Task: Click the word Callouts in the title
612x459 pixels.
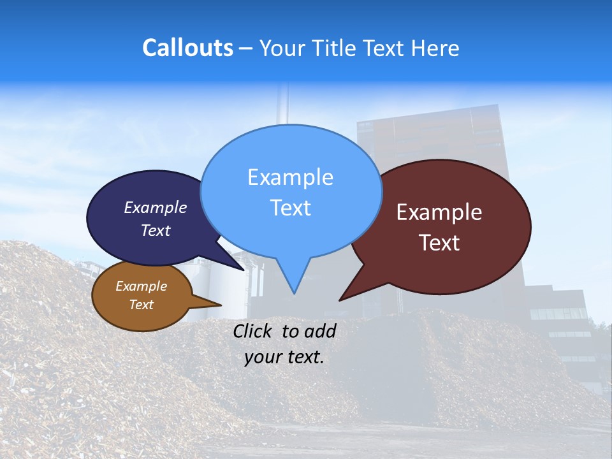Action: [x=187, y=48]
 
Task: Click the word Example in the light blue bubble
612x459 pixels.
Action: [x=291, y=177]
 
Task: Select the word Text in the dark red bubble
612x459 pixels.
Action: [x=440, y=243]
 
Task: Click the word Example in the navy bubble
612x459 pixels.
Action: [x=156, y=208]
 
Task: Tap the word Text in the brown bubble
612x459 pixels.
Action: [x=142, y=305]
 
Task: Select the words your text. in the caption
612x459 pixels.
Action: [x=284, y=357]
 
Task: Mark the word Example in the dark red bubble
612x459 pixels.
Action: [x=439, y=212]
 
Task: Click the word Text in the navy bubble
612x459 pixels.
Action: [x=156, y=231]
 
